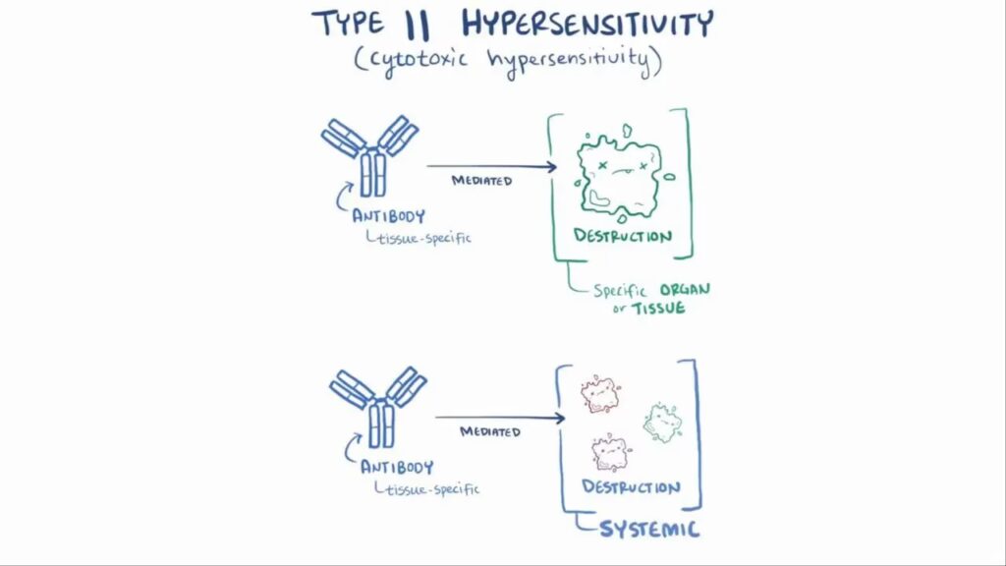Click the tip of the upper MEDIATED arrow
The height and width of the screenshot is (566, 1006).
coord(557,167)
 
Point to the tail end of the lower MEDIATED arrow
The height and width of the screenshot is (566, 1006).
coord(435,417)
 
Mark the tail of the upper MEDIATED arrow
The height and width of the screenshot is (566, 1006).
coord(427,165)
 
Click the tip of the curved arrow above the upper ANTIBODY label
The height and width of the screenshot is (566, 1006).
coord(353,184)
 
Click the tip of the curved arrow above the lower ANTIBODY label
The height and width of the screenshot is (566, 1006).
coord(361,435)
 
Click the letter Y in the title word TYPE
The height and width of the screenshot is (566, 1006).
coord(341,24)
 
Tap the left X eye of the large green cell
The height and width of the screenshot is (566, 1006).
coord(602,165)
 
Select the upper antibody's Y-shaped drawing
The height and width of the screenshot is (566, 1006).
coord(369,156)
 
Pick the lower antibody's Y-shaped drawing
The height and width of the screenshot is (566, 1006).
coord(378,407)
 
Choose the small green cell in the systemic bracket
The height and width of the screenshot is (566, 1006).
coord(663,423)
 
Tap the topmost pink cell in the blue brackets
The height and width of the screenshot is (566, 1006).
coord(600,394)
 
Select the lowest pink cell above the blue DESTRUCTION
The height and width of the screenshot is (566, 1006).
coord(610,452)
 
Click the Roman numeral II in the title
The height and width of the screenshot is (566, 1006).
coord(417,25)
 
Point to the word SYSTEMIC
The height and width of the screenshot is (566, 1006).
coord(649,530)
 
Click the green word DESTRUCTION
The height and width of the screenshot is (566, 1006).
coord(623,236)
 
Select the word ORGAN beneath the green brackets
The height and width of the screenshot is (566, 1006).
coord(685,290)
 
